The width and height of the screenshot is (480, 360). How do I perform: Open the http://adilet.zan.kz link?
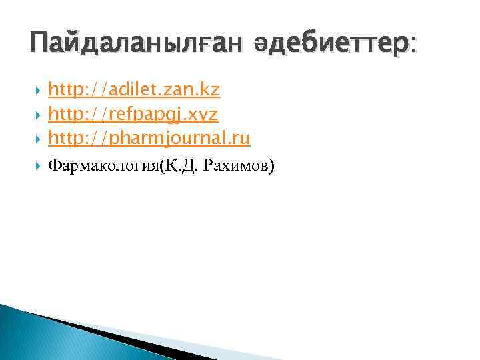coord(134,89)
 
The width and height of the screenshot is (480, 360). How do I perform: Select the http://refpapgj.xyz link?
coord(133,114)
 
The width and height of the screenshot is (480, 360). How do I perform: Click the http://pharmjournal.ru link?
coord(149,138)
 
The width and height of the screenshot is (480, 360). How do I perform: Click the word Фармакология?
coord(104,165)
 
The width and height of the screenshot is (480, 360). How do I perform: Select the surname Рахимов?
coord(236,165)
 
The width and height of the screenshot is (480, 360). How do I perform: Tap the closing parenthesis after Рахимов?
coord(271,166)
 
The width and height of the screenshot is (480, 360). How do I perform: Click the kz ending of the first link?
coord(211,89)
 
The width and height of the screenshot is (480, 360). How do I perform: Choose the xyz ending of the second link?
coord(204,115)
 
